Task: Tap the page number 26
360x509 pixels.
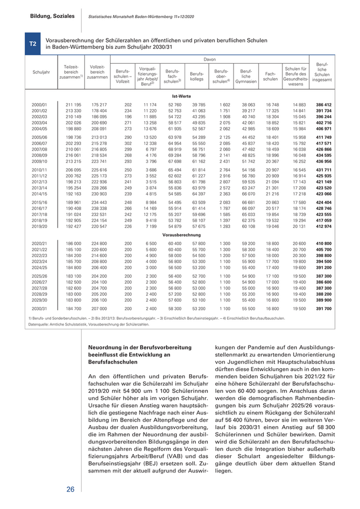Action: (x=70, y=489)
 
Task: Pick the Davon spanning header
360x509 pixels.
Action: (x=209, y=60)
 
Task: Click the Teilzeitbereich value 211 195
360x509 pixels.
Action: (x=74, y=105)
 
